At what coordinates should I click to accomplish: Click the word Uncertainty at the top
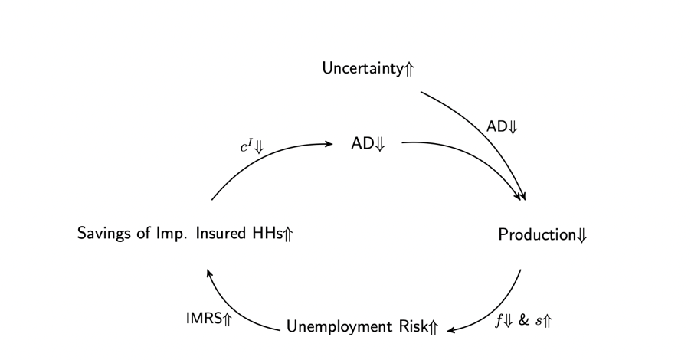[x=362, y=68]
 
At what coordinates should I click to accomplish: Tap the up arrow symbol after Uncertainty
[x=409, y=69]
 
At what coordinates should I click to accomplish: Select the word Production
[x=537, y=234]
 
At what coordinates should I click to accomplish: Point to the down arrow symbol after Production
[x=581, y=235]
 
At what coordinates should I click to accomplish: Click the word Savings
[x=105, y=233]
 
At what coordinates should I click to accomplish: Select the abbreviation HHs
[x=267, y=233]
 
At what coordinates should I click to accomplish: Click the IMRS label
[x=204, y=318]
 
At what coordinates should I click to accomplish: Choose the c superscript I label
[x=247, y=146]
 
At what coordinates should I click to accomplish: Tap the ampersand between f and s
[x=523, y=320]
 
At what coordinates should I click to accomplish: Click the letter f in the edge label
[x=499, y=320]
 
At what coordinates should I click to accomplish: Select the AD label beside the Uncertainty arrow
[x=496, y=126]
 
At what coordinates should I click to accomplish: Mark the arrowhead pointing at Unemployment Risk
[x=450, y=329]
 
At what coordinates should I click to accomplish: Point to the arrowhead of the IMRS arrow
[x=209, y=273]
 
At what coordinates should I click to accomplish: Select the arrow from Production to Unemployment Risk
[x=498, y=311]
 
